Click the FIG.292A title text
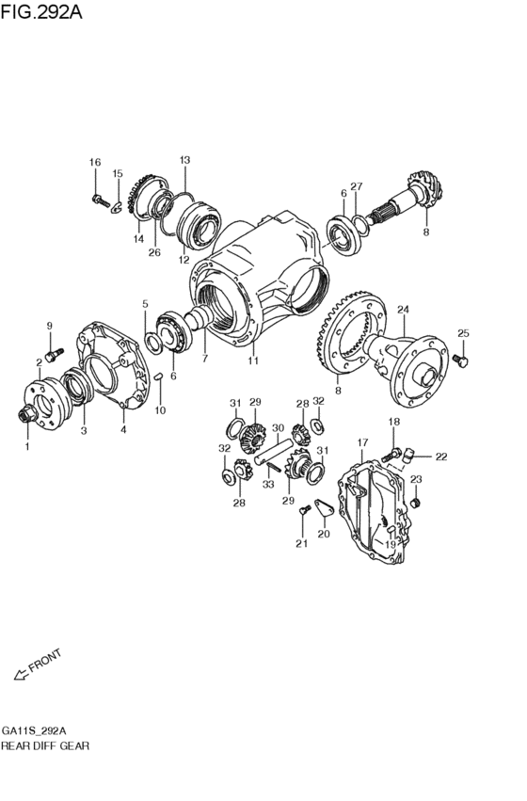[x=40, y=10]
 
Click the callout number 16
[x=95, y=163]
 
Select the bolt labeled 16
[x=101, y=200]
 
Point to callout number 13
[x=184, y=160]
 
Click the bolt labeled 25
[x=460, y=360]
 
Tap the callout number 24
[x=403, y=310]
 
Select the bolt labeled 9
[x=55, y=355]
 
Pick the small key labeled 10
[x=158, y=376]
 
